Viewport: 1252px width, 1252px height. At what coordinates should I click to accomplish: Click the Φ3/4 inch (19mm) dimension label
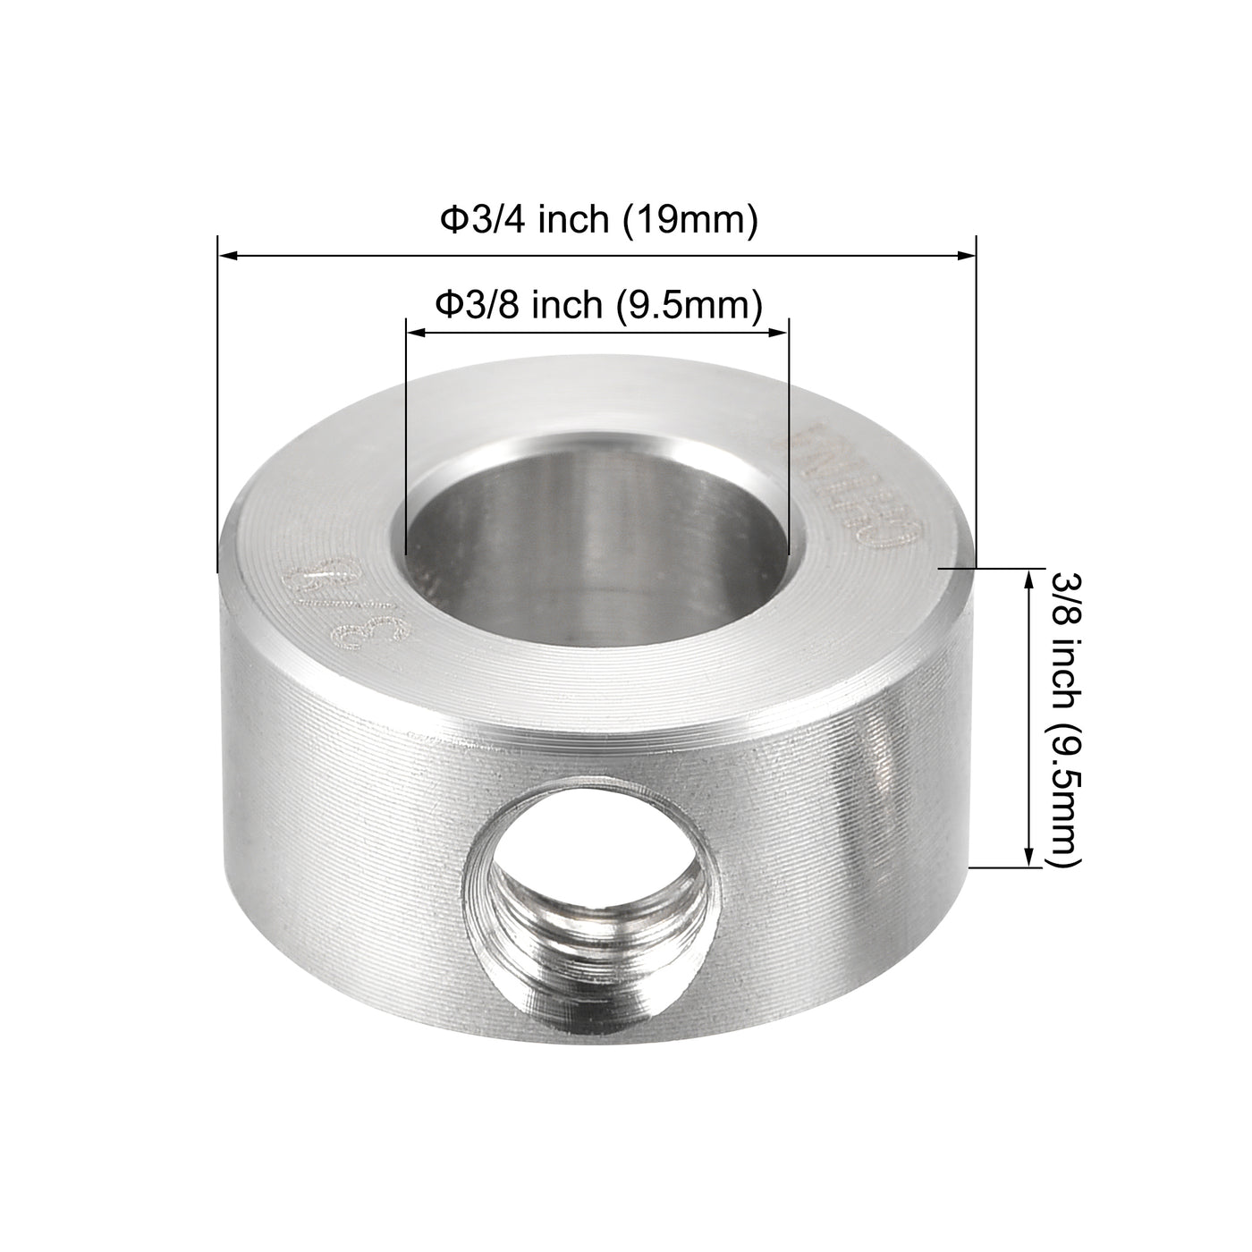pos(598,220)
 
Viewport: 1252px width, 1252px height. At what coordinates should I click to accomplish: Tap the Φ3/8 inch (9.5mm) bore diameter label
pos(598,306)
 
